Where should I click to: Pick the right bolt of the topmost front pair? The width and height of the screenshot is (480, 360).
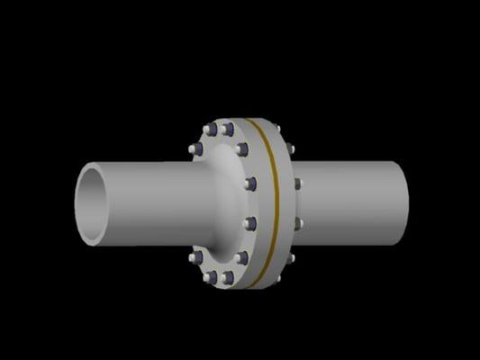pos(228,129)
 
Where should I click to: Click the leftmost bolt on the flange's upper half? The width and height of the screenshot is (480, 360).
pos(195,148)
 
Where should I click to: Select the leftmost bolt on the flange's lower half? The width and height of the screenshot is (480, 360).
pos(195,258)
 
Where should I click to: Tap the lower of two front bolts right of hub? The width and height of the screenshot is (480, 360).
pos(251,222)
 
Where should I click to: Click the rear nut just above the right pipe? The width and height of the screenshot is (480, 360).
pos(289,149)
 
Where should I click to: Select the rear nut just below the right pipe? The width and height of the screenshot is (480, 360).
pos(289,258)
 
